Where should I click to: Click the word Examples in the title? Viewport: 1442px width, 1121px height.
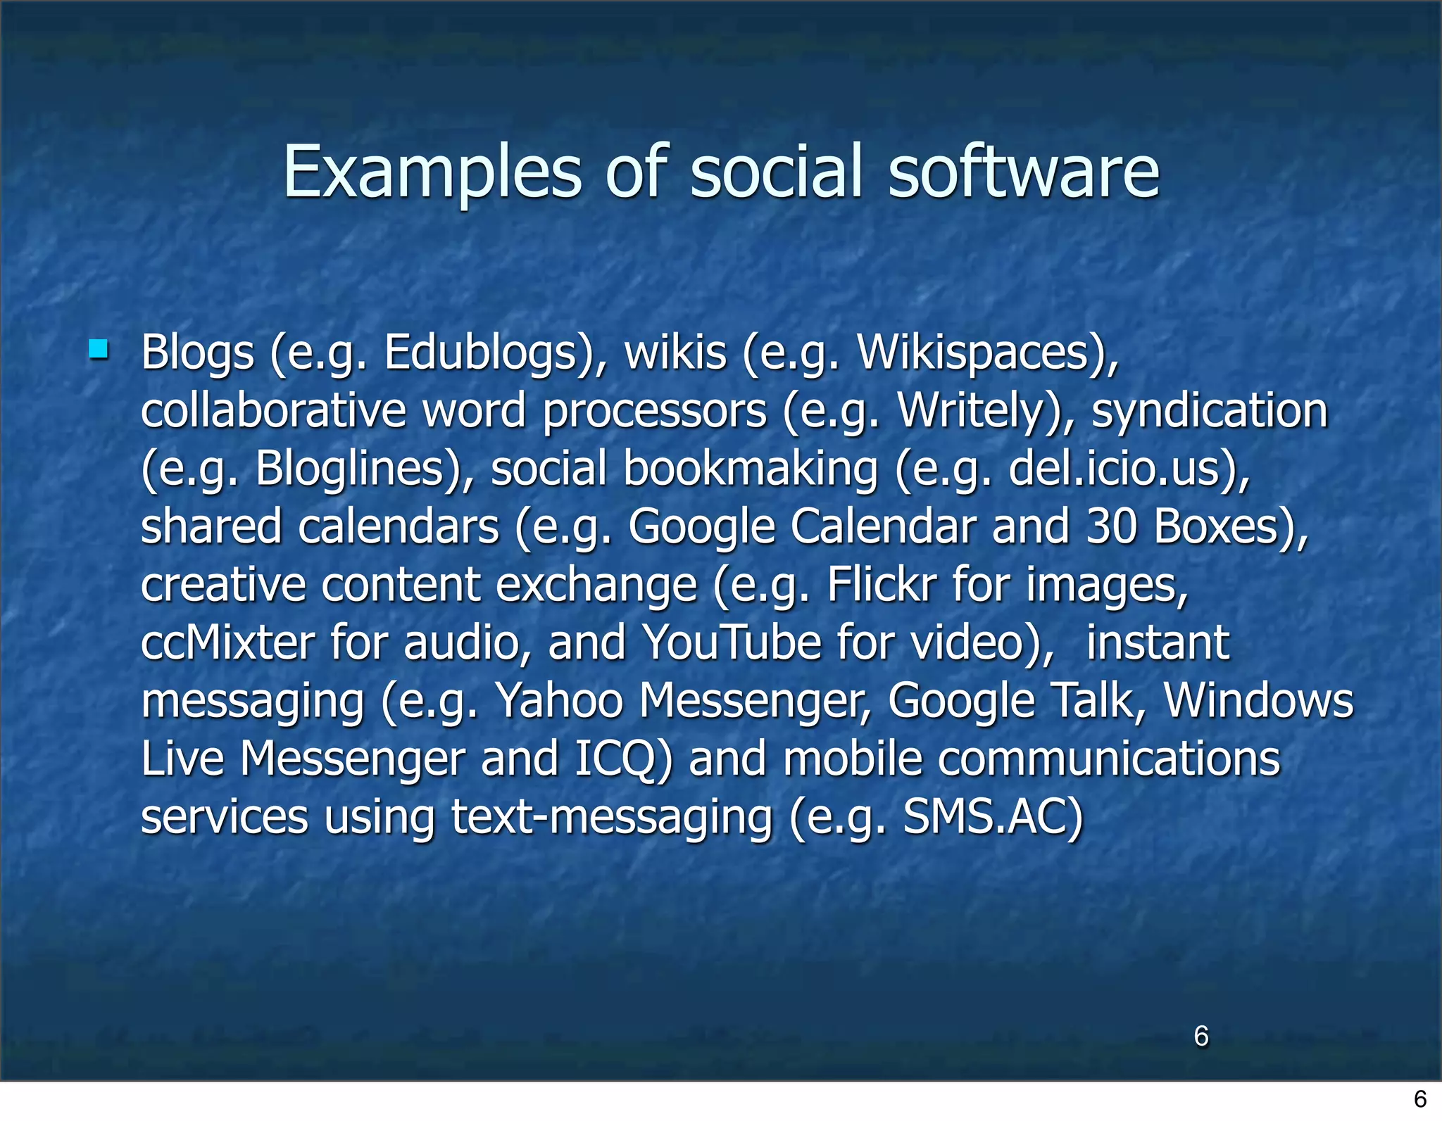click(432, 172)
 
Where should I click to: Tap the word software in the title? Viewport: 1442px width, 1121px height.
click(1023, 172)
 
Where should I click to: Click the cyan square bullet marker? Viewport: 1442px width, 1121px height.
click(99, 349)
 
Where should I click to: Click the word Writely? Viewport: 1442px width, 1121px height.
click(970, 410)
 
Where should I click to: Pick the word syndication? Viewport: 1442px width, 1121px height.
click(1209, 410)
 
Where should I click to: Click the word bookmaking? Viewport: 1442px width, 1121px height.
click(750, 469)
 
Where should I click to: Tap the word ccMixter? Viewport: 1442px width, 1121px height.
click(227, 643)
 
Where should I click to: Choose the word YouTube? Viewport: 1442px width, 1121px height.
click(732, 643)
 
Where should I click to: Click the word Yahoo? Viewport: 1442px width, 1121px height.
click(560, 701)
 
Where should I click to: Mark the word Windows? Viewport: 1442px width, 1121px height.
click(1258, 701)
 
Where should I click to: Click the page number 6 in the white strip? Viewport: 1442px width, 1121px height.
click(1420, 1098)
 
